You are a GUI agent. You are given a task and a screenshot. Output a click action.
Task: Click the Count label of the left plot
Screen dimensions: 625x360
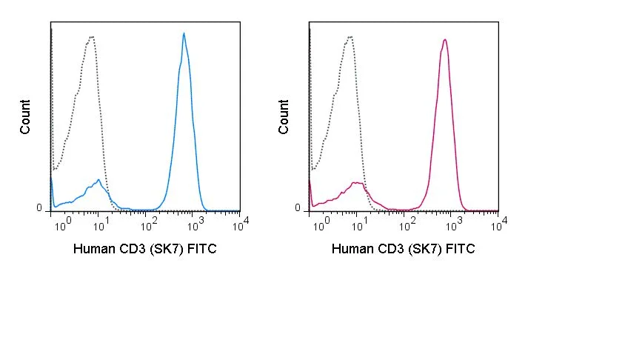(24, 117)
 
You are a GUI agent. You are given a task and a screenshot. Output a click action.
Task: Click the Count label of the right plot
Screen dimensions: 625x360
(283, 117)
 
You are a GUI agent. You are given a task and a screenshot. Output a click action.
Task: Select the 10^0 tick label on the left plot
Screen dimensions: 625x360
(64, 225)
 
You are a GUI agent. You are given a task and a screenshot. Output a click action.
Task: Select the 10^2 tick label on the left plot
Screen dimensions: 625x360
(149, 225)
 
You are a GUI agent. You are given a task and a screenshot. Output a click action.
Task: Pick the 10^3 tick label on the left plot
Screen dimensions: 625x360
(195, 225)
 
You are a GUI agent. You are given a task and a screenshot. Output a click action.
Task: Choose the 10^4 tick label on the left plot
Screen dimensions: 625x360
(241, 225)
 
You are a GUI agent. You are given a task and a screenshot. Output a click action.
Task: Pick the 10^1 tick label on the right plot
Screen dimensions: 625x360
(361, 225)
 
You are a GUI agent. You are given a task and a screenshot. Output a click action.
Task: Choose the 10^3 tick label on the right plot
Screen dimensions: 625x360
(454, 225)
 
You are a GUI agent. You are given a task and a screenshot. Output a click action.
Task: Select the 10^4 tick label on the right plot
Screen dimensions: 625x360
(499, 225)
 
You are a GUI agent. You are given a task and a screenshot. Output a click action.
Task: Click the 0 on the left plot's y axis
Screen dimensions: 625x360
(39, 207)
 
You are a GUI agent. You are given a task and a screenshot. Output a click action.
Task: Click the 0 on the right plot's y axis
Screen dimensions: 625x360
(298, 207)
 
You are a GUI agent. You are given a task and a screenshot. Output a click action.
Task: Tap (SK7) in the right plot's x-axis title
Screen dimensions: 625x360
(425, 249)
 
